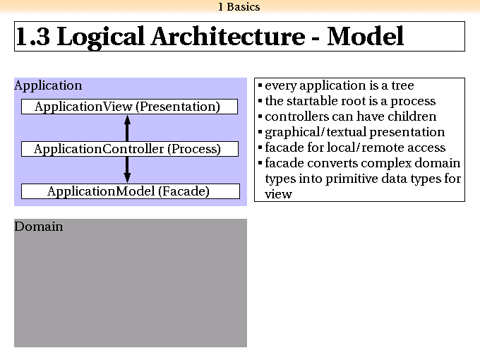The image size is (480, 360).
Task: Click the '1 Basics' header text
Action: point(239,7)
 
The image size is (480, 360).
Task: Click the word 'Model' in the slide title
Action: point(366,37)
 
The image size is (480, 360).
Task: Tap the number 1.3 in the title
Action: point(32,37)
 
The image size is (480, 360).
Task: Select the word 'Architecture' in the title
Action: point(228,37)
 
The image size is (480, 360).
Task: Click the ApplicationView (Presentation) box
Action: point(129,107)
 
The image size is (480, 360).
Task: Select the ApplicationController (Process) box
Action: point(130,149)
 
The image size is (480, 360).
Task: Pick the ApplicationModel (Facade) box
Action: point(131,191)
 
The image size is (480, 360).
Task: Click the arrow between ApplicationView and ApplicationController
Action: point(127,128)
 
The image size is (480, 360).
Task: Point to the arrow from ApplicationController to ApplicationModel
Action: point(127,170)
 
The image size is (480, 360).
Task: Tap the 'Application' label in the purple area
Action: point(48,85)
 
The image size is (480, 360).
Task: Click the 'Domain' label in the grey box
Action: point(39,227)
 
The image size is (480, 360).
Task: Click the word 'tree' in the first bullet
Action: point(402,85)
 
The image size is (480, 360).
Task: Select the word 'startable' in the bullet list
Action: point(311,101)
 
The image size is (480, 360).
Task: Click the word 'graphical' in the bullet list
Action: point(293,133)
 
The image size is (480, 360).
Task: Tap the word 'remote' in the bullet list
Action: point(381,148)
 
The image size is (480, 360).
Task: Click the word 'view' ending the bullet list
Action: point(278,194)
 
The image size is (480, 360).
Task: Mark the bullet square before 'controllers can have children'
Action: point(260,116)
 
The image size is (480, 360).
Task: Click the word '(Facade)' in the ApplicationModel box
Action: point(184,191)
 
